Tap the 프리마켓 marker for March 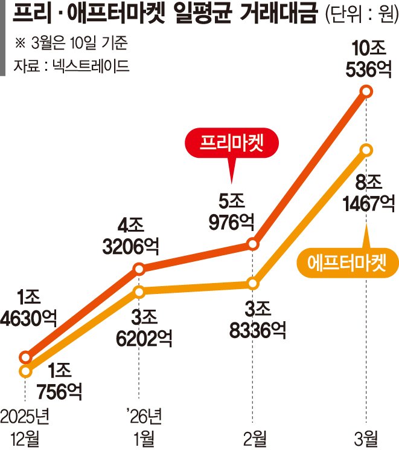[366, 91]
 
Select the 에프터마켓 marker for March [366, 149]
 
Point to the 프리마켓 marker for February [253, 244]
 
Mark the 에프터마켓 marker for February [253, 283]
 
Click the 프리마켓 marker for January [139, 268]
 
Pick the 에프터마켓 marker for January [139, 292]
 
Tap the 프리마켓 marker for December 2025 [25, 357]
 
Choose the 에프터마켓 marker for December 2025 [25, 371]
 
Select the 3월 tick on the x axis [366, 435]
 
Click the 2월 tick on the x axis [253, 435]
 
